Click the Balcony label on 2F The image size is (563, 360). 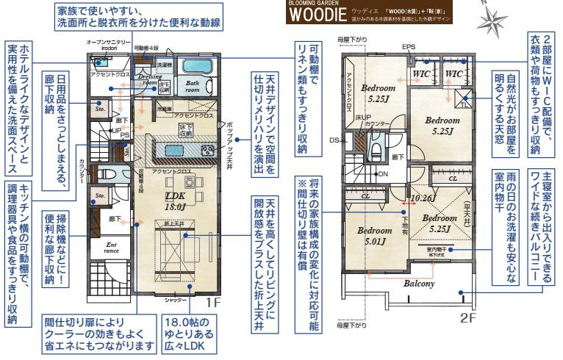(x=417, y=282)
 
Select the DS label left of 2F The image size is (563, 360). (x=334, y=139)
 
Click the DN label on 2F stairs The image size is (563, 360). (x=382, y=173)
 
